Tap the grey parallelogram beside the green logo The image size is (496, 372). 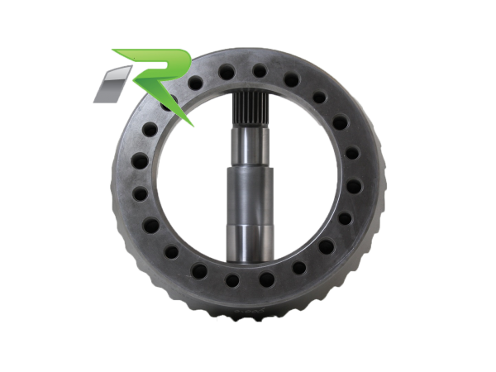[x=112, y=84]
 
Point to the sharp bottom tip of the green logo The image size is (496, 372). [x=192, y=126]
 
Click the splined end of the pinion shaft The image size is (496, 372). [x=250, y=109]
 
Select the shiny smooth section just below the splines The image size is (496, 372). [x=250, y=147]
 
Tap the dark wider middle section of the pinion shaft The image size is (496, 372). [x=250, y=196]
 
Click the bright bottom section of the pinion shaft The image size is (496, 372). [x=250, y=244]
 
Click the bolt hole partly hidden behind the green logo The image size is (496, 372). [x=169, y=102]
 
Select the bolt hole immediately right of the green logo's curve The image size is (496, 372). [x=195, y=83]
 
